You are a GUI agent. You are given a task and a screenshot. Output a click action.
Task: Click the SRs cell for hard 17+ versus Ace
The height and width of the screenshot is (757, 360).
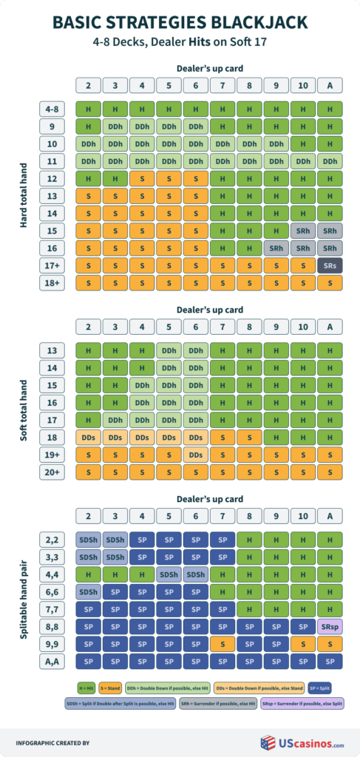[330, 265]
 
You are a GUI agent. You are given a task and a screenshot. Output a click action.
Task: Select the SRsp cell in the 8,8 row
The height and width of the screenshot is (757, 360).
[330, 625]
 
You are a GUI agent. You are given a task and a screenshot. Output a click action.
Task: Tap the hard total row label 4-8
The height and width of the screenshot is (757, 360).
[52, 109]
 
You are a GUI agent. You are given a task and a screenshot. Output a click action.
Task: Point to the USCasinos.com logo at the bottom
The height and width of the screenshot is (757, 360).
[302, 741]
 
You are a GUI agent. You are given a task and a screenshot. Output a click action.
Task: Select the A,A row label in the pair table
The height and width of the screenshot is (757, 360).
[52, 661]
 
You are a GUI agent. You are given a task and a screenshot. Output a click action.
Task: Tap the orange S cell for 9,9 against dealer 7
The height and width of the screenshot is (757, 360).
[223, 643]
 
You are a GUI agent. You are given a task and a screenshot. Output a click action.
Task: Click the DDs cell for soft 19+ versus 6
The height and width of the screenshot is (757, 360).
[195, 455]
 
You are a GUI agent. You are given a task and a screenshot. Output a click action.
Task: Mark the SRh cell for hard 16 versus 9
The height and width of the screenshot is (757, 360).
[276, 248]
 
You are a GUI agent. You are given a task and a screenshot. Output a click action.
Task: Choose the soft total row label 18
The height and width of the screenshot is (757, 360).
[52, 437]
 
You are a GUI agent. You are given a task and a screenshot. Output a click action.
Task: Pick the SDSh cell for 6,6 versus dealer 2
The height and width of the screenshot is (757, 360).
[88, 591]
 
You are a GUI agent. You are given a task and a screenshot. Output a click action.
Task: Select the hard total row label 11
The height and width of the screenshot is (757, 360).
[52, 160]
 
